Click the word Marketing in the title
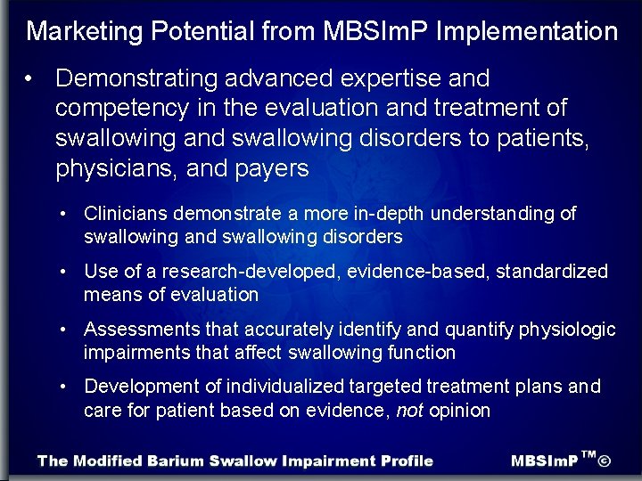[x=86, y=32]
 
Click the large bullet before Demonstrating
[x=30, y=78]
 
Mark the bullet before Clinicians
[x=65, y=214]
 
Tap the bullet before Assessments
[x=65, y=330]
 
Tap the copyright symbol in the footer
[x=605, y=461]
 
